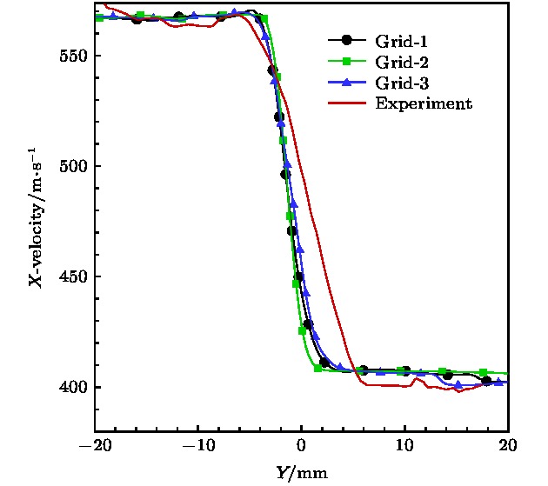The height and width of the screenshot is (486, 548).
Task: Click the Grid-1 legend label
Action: (401, 41)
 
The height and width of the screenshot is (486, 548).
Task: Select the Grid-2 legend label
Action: (401, 62)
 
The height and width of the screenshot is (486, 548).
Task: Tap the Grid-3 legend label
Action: (401, 83)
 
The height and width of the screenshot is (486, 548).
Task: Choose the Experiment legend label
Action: (423, 103)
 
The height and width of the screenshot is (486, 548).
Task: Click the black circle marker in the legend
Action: (347, 41)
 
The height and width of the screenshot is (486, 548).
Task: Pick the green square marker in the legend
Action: (347, 62)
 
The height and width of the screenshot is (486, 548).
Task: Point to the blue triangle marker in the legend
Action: (347, 83)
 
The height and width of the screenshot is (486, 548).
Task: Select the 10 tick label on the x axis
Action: (404, 446)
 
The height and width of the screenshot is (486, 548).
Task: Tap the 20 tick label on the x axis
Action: (508, 446)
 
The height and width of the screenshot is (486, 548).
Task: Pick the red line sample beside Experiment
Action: (347, 103)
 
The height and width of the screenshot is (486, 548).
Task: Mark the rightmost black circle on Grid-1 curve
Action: (486, 381)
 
